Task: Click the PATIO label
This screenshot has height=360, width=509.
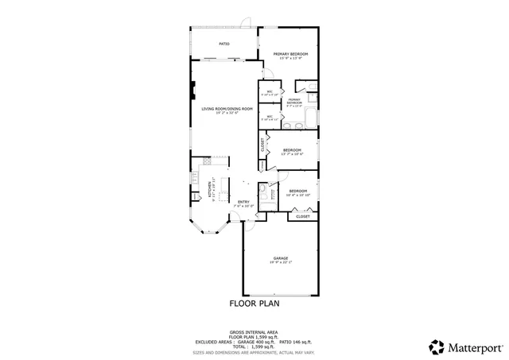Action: (x=224, y=44)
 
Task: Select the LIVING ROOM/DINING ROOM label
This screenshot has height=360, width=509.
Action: (x=227, y=110)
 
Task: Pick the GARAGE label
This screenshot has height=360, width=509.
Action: (x=280, y=259)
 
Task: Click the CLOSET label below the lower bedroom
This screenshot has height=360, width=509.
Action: (x=303, y=216)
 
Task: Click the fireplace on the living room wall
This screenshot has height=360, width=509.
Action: (x=192, y=89)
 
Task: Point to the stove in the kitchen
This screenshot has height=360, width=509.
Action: (x=194, y=192)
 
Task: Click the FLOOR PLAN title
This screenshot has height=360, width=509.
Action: (x=254, y=304)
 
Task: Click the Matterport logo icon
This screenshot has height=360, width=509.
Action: (x=437, y=346)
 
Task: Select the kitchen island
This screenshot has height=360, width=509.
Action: (x=224, y=191)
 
